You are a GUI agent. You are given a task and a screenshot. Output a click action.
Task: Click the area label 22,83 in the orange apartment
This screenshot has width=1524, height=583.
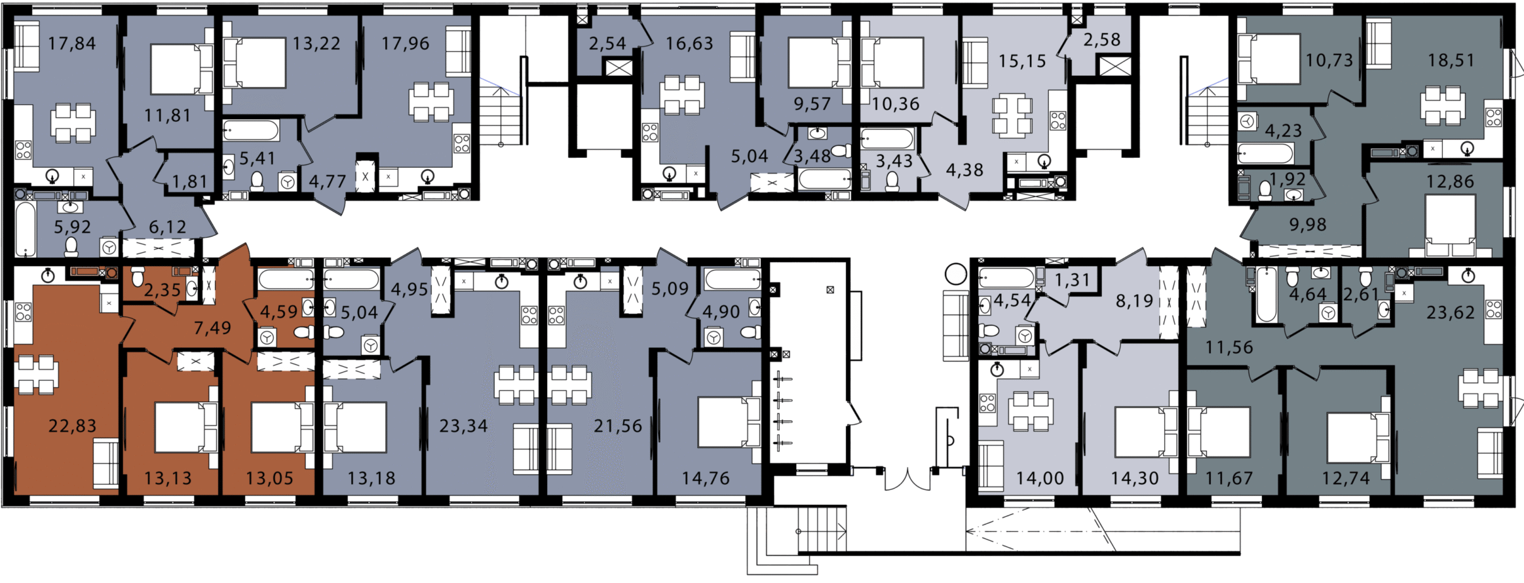pos(73,426)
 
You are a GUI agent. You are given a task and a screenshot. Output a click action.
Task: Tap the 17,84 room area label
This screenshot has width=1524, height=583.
pos(72,44)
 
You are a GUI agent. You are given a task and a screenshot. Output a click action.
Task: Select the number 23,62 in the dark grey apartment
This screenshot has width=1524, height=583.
pos(1451,312)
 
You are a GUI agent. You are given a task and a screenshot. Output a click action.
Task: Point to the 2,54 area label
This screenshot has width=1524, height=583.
pos(607,44)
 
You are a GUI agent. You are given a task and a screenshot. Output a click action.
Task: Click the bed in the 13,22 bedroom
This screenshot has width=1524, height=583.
pos(254,63)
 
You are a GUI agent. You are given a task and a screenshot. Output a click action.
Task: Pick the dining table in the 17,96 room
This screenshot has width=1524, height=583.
pos(430,102)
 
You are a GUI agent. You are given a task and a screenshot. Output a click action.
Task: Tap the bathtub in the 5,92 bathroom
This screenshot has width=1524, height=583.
pos(26,229)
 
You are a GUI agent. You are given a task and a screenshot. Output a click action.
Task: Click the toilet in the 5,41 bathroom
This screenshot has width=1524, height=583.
pos(257,180)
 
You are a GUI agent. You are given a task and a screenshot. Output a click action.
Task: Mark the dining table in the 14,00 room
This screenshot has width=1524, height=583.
pos(1031,411)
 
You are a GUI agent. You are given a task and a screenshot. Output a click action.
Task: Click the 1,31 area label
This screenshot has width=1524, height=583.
pos(1073,280)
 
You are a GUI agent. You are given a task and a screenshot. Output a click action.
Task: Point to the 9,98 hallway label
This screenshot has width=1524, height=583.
pos(1308,225)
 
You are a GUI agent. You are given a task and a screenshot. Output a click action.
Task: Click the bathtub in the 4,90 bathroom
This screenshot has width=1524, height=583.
pos(733,280)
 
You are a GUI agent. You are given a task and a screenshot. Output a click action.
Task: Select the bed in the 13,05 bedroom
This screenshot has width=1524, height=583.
pos(282,427)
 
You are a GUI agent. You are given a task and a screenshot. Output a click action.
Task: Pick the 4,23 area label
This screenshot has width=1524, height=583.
pos(1284,131)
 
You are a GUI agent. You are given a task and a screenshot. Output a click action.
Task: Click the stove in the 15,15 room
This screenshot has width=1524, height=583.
pos(1058,121)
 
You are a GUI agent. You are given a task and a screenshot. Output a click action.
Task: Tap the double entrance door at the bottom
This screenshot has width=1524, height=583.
pos(907,479)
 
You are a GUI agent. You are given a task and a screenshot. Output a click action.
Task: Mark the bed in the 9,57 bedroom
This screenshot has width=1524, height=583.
pos(820,63)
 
